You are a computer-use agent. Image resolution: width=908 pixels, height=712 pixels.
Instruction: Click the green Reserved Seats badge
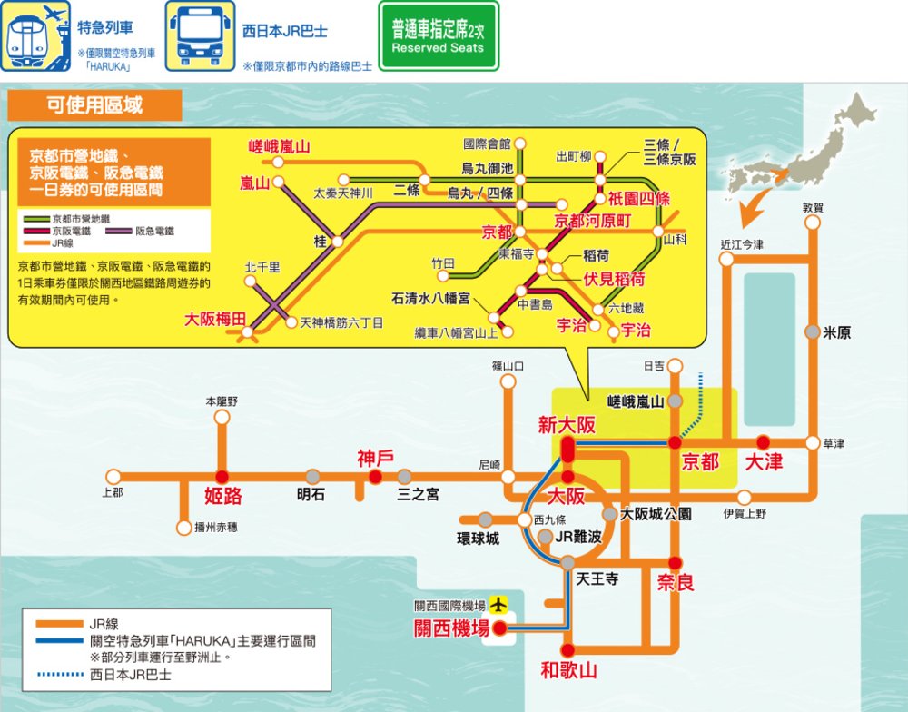coord(438,40)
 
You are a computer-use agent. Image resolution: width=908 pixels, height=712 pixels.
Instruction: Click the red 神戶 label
coord(374,457)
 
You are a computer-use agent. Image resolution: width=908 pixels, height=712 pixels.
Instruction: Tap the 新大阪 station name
coord(567,425)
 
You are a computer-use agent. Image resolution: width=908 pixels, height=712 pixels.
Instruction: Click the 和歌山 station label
coord(568,672)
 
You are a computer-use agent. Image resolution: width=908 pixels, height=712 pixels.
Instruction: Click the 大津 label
coord(763,461)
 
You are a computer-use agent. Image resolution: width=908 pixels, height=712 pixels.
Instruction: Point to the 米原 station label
coord(836,333)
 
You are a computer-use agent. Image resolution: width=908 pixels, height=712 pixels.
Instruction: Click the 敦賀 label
coord(813,207)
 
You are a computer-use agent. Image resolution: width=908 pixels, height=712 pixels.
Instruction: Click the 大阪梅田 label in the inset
coord(215,319)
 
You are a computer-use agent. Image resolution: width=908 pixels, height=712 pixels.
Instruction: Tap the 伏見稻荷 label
coord(614,278)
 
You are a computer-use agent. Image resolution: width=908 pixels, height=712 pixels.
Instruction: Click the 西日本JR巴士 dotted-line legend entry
coord(127,675)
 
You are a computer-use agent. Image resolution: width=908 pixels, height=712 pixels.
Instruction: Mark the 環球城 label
coord(478,539)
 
